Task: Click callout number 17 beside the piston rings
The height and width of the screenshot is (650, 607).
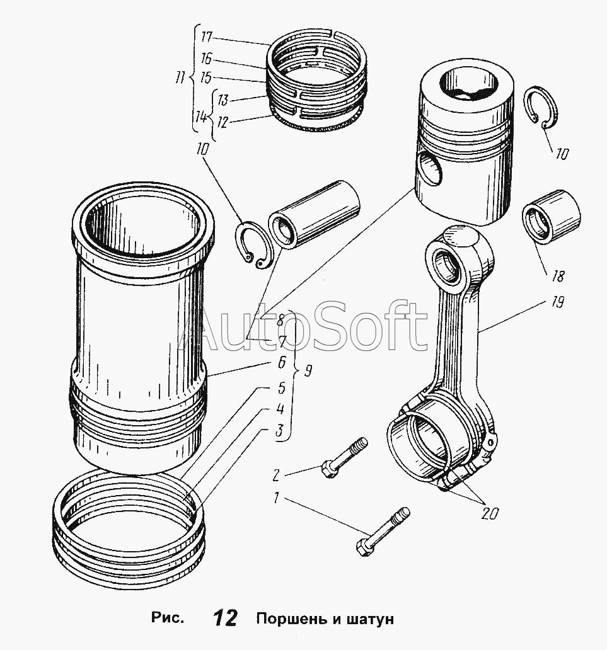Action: point(206,37)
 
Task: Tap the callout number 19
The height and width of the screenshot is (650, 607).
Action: point(557,302)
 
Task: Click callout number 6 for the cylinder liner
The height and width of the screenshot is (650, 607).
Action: point(281,363)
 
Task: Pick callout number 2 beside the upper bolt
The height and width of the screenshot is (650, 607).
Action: point(276,475)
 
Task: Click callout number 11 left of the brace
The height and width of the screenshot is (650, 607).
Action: point(179,78)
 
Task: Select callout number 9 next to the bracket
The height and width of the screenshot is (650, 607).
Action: point(308,370)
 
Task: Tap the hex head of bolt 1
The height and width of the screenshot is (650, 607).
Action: point(364,547)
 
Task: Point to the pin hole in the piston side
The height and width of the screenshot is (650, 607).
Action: point(430,168)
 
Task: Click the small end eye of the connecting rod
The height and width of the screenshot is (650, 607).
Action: point(447,266)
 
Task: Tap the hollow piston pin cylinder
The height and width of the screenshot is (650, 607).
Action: point(313,215)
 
